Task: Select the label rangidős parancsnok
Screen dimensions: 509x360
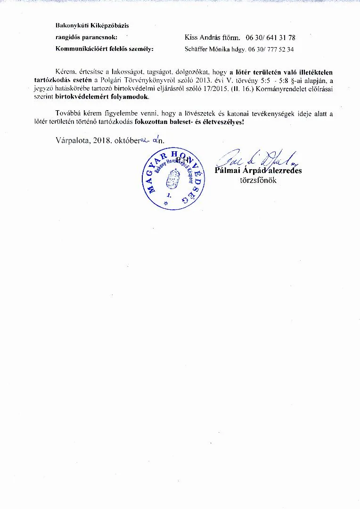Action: [86, 37]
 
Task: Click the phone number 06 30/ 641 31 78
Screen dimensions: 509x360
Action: [270, 37]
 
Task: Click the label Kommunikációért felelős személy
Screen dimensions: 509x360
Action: [105, 49]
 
